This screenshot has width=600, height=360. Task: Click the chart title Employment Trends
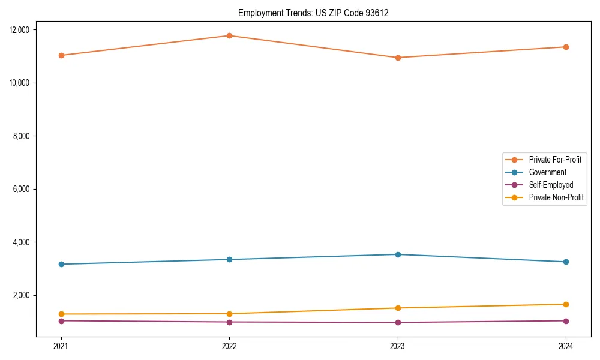(313, 13)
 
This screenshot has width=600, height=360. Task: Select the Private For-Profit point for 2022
(229, 35)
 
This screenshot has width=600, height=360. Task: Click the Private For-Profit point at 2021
(61, 55)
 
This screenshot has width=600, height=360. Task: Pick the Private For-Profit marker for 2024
(566, 47)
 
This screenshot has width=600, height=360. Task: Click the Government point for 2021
(61, 264)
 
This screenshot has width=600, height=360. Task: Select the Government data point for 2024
(566, 262)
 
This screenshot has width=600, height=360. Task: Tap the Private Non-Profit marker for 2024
(566, 304)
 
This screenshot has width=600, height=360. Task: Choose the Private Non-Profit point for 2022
(229, 314)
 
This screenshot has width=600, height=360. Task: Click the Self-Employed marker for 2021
(61, 320)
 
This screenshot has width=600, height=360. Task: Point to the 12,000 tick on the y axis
(22, 29)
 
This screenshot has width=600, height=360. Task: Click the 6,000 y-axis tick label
(24, 189)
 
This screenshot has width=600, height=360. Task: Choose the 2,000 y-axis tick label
(24, 295)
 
